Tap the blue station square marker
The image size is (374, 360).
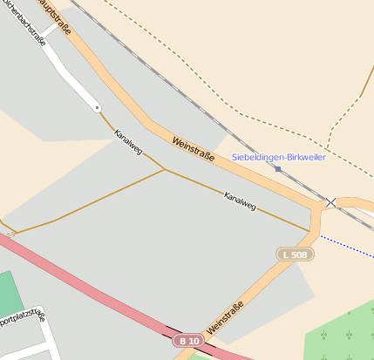pos(278,168)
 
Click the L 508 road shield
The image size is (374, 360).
pos(295,255)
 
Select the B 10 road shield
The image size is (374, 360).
pos(187,340)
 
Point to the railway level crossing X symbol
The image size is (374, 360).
pos(330,202)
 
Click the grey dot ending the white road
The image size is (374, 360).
pos(97,107)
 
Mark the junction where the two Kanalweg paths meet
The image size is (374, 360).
pos(165,169)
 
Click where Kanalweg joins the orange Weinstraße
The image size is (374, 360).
pos(310,230)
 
